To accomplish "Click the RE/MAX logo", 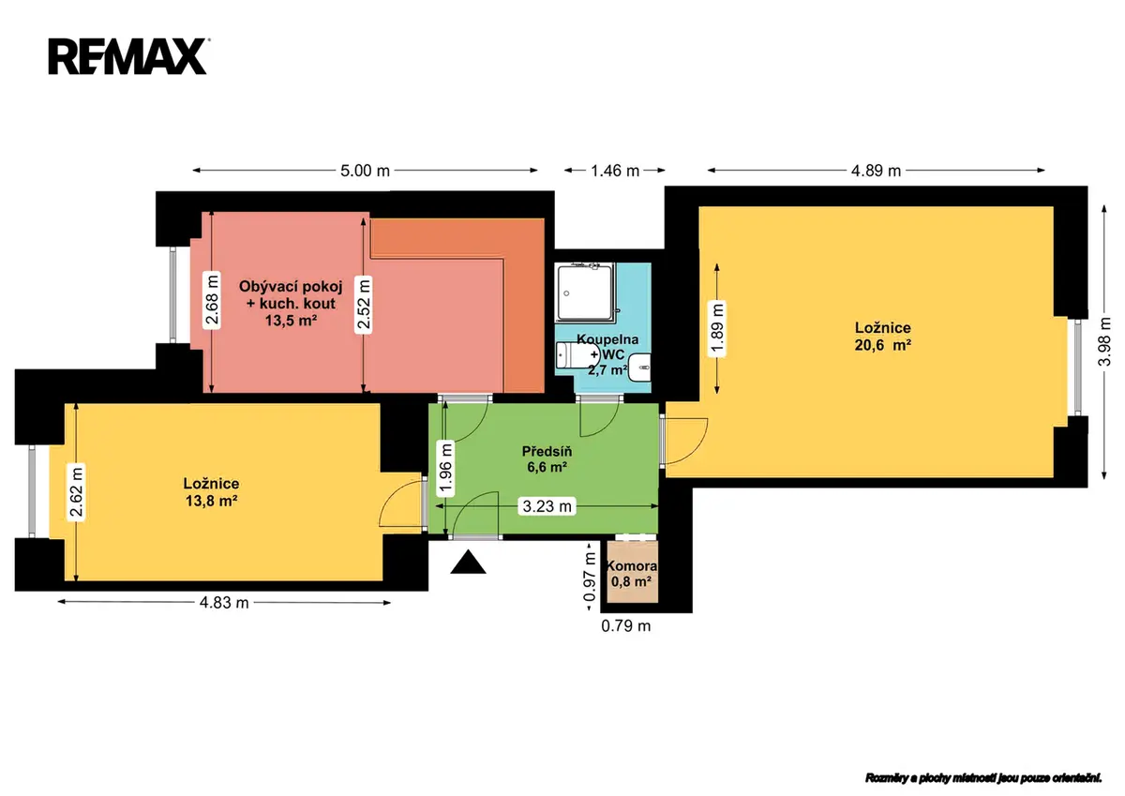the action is tap(127, 56).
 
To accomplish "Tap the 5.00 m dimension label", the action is tap(365, 171).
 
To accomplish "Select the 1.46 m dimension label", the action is tap(615, 171).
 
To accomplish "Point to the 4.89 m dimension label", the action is tap(876, 171).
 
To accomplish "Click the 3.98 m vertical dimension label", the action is tap(1104, 341).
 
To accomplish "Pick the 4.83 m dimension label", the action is tap(224, 602).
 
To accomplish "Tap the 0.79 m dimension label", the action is tap(626, 625).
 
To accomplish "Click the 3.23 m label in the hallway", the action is tap(547, 506).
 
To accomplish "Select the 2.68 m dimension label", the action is tap(212, 301).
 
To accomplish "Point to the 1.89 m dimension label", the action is tap(716, 328).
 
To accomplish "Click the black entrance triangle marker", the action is tap(468, 562).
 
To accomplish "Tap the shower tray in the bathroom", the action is tap(585, 293).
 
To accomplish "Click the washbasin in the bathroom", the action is tap(639, 368).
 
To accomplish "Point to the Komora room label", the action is tap(631, 566).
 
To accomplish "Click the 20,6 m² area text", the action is tap(883, 346).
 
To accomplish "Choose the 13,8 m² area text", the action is tap(212, 501).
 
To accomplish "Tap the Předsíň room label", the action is tap(547, 452).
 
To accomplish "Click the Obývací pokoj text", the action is tap(291, 287).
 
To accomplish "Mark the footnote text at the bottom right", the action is tap(982, 778).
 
